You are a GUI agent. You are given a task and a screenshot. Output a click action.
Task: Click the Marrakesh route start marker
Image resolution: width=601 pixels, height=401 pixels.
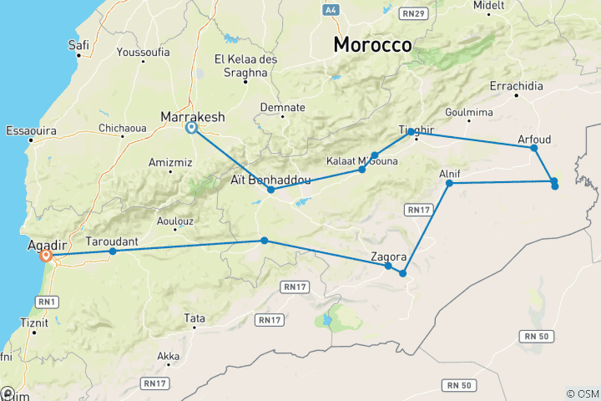191,128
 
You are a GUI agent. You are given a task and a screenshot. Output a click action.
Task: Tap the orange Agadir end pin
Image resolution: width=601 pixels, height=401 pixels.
46,256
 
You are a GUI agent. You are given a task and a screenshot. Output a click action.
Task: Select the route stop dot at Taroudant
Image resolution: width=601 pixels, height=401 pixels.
113,251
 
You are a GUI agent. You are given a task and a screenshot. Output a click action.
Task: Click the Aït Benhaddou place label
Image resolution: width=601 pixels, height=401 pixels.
270,179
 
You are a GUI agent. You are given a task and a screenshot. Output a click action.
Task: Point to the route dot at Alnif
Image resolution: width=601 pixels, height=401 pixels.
449,183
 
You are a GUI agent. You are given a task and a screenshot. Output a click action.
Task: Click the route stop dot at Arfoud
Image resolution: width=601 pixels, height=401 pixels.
534,148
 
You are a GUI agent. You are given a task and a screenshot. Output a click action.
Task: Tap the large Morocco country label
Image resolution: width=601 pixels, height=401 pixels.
372,45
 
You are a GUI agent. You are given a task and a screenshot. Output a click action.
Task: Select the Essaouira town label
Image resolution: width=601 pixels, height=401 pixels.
31,130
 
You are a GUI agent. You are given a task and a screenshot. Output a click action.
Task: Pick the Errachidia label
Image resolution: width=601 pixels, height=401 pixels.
516,87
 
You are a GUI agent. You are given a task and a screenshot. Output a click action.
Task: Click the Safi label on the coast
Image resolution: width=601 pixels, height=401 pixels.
80,44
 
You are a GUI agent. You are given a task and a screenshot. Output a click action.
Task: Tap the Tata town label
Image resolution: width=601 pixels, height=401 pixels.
194,318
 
